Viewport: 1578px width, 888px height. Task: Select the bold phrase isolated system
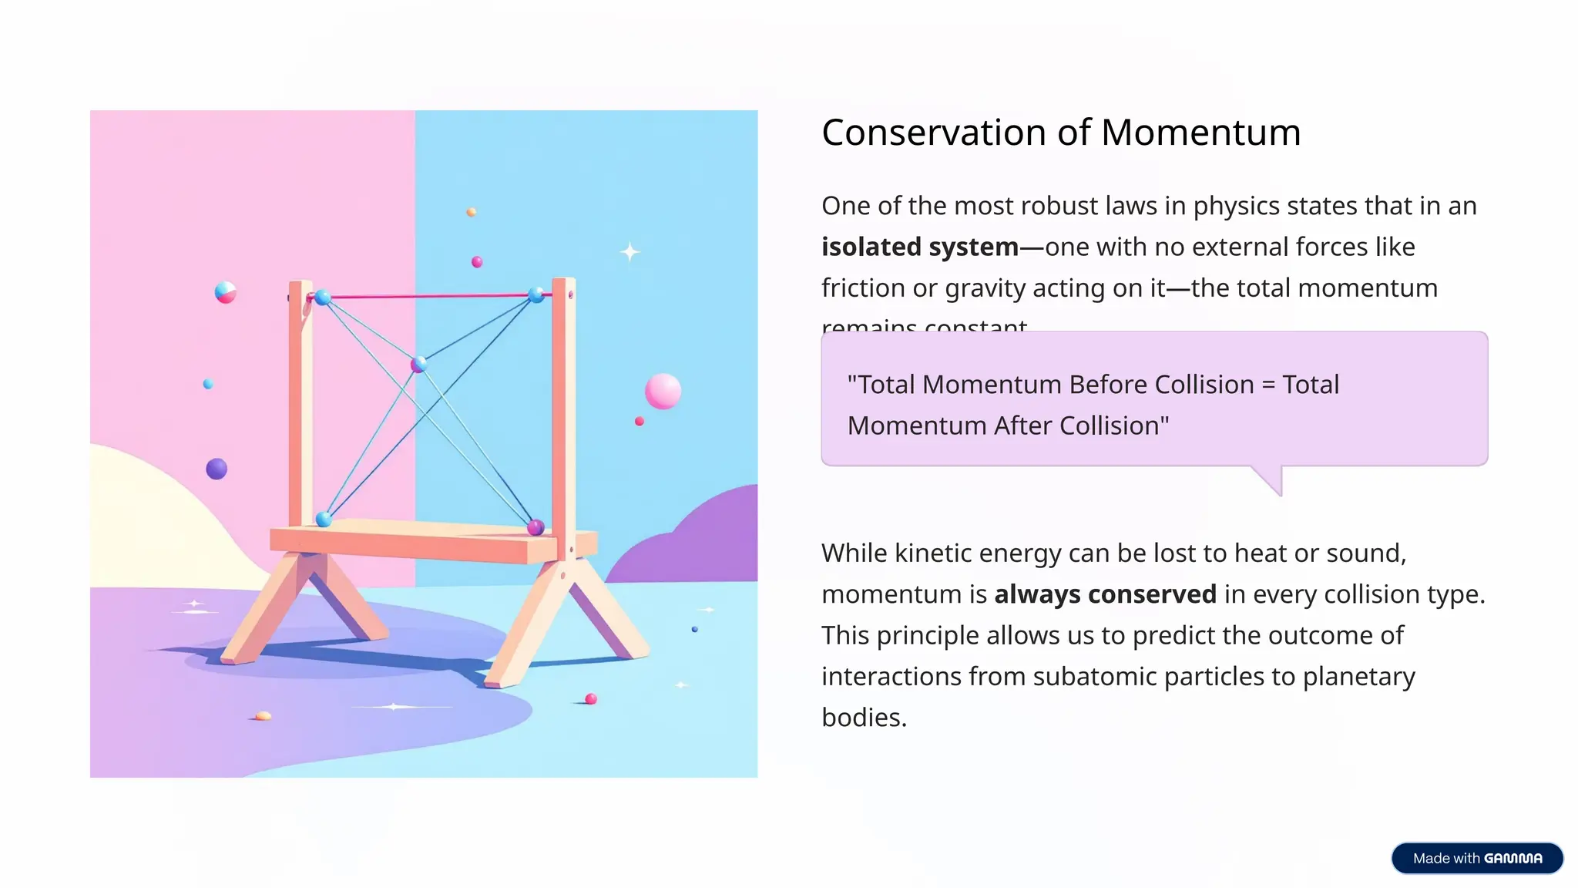[x=920, y=247]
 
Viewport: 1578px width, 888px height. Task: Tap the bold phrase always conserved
[x=1105, y=594]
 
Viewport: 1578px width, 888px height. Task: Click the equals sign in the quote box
[x=1268, y=385]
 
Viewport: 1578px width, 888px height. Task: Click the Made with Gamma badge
[x=1476, y=858]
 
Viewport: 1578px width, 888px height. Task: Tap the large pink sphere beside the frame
[x=663, y=391]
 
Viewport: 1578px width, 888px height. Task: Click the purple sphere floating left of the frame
[x=217, y=469]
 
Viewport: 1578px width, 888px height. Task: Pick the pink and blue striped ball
[x=225, y=293]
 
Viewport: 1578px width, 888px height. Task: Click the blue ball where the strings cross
[x=418, y=365]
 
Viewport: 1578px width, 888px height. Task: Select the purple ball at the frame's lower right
[x=536, y=527]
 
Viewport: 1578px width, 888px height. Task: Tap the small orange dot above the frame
[x=471, y=212]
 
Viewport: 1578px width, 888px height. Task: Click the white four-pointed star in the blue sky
[x=630, y=252]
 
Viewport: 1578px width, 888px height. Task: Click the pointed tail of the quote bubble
[x=1271, y=479]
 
